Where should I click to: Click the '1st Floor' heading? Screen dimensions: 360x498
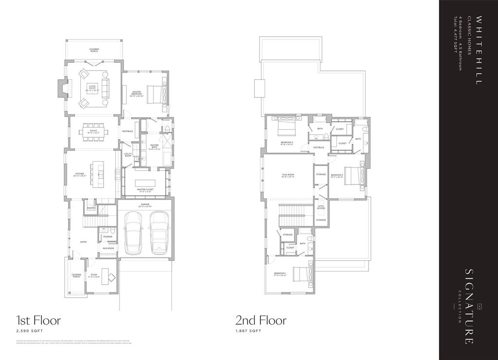point(38,320)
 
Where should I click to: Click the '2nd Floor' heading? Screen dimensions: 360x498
point(261,320)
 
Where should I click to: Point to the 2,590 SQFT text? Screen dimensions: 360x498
point(27,331)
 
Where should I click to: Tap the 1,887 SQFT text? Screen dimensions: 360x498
point(249,331)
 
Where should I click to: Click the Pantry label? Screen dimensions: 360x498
point(91,208)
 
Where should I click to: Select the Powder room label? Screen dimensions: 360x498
point(107,237)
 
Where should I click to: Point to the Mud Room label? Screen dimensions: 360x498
point(107,248)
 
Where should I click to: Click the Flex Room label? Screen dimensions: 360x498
point(288,176)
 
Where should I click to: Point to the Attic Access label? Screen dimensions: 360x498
point(321,207)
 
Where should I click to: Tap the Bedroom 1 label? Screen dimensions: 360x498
point(280,274)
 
